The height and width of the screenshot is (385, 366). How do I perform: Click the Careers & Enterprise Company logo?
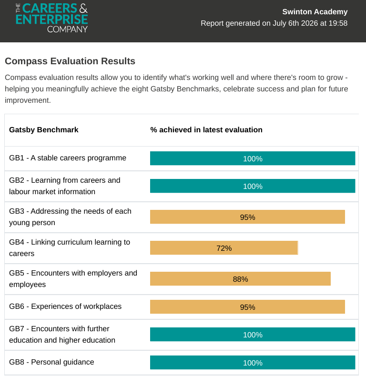click(x=51, y=18)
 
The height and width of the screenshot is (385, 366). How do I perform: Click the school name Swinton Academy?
click(x=315, y=11)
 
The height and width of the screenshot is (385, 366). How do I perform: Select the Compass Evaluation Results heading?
click(x=70, y=61)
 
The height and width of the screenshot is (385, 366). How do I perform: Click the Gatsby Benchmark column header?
click(x=44, y=129)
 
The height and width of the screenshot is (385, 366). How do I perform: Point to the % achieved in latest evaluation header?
click(x=206, y=129)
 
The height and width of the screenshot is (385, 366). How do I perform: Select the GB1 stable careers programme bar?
click(x=253, y=158)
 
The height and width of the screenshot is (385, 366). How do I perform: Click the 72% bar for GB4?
click(x=224, y=248)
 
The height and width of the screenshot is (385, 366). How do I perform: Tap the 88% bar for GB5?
click(x=240, y=279)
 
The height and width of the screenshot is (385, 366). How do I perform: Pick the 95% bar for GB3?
click(x=247, y=217)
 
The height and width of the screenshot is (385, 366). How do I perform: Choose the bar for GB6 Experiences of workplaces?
click(x=247, y=306)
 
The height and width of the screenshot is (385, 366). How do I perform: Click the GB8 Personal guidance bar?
click(x=253, y=363)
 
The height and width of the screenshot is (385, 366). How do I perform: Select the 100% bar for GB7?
click(x=253, y=335)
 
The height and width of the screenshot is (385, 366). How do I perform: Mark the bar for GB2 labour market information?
click(x=253, y=186)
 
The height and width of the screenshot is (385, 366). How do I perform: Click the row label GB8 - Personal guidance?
click(x=51, y=362)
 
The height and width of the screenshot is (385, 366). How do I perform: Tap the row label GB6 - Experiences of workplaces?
click(x=65, y=306)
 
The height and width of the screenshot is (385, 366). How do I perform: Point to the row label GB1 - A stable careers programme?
click(x=68, y=158)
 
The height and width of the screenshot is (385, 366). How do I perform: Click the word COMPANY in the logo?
click(x=67, y=30)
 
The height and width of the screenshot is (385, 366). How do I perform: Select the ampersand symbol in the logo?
click(x=83, y=9)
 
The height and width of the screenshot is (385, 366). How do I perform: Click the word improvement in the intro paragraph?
click(x=28, y=100)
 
